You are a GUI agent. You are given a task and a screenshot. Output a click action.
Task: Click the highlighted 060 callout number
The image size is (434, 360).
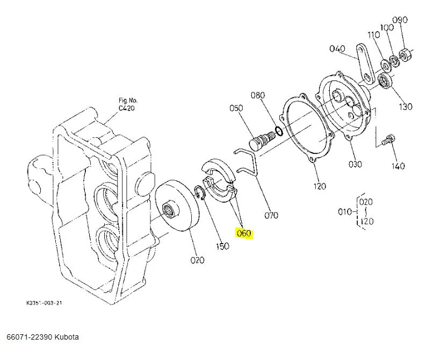pos(243,233)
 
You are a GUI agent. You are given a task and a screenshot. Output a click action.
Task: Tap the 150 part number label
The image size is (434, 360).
pos(222,246)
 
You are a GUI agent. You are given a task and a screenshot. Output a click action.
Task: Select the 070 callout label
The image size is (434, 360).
pos(271,216)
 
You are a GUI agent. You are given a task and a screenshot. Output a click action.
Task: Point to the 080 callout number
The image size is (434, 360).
pos(258,95)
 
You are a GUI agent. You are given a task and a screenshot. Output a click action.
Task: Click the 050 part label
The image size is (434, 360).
pos(236,108)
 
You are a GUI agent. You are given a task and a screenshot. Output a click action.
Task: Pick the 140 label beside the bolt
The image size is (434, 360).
pos(397,166)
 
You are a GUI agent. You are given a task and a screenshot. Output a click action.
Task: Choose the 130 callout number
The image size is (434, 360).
pos(406,107)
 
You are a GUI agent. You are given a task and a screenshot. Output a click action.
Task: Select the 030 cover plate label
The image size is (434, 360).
pos(355,164)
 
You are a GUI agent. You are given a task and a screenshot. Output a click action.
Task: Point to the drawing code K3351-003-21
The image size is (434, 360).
pos(45,303)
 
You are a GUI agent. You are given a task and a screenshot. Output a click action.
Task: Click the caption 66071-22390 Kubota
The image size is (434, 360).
pos(42,337)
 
